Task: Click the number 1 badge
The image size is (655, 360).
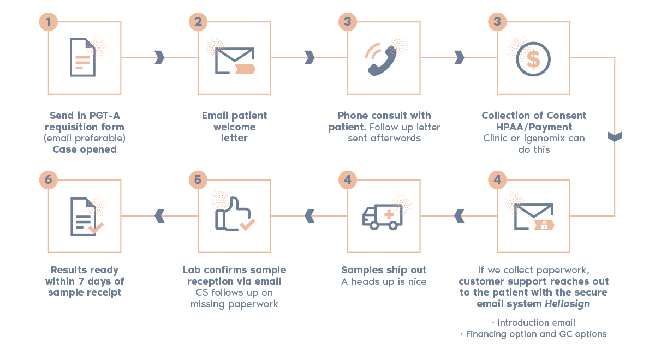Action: coord(49,22)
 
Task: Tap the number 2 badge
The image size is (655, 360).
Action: coord(198,22)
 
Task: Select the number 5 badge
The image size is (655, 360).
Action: coord(198,179)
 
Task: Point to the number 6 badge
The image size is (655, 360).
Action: coord(49,179)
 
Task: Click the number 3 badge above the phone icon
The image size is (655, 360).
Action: coord(347,22)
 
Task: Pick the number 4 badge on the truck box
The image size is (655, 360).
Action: coord(347,179)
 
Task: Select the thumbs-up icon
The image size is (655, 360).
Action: coord(232,215)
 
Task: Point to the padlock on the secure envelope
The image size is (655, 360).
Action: coord(544,224)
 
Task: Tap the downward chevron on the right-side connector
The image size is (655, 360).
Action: coord(615,136)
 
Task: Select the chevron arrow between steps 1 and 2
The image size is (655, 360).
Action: coord(159,57)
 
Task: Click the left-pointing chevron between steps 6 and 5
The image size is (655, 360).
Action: coord(159,215)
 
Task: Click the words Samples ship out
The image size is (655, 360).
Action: coord(384,270)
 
